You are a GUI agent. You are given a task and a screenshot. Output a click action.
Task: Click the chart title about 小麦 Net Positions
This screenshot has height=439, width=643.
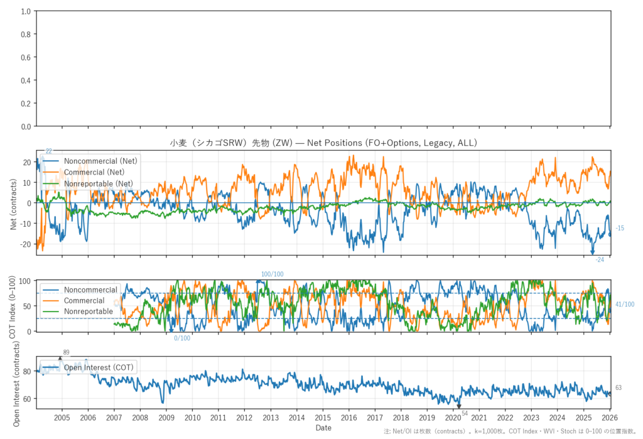click(323, 143)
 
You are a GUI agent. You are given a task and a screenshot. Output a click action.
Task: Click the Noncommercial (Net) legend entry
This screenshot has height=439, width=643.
click(100, 161)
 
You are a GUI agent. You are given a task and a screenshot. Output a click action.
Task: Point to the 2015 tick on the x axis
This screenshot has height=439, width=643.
click(323, 418)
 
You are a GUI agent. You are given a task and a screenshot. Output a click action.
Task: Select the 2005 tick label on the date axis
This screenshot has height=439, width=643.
click(62, 418)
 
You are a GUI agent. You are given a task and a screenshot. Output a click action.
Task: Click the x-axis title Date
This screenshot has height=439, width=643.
click(323, 428)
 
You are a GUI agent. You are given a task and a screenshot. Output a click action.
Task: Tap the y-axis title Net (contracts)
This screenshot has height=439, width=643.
click(14, 203)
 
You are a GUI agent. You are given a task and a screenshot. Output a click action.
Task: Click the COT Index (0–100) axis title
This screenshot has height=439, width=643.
click(14, 306)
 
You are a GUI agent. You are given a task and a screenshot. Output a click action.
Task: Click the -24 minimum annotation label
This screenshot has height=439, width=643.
click(600, 259)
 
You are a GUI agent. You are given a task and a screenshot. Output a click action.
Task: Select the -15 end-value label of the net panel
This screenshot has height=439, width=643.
click(620, 228)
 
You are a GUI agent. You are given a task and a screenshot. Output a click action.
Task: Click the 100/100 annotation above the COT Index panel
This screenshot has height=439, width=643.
click(273, 274)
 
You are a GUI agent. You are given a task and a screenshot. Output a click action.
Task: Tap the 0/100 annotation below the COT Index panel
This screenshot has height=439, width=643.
click(182, 339)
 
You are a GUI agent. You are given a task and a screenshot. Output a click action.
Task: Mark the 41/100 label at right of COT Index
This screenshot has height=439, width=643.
click(624, 305)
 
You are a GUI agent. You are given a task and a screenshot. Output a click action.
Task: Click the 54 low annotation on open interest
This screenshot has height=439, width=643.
click(465, 413)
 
